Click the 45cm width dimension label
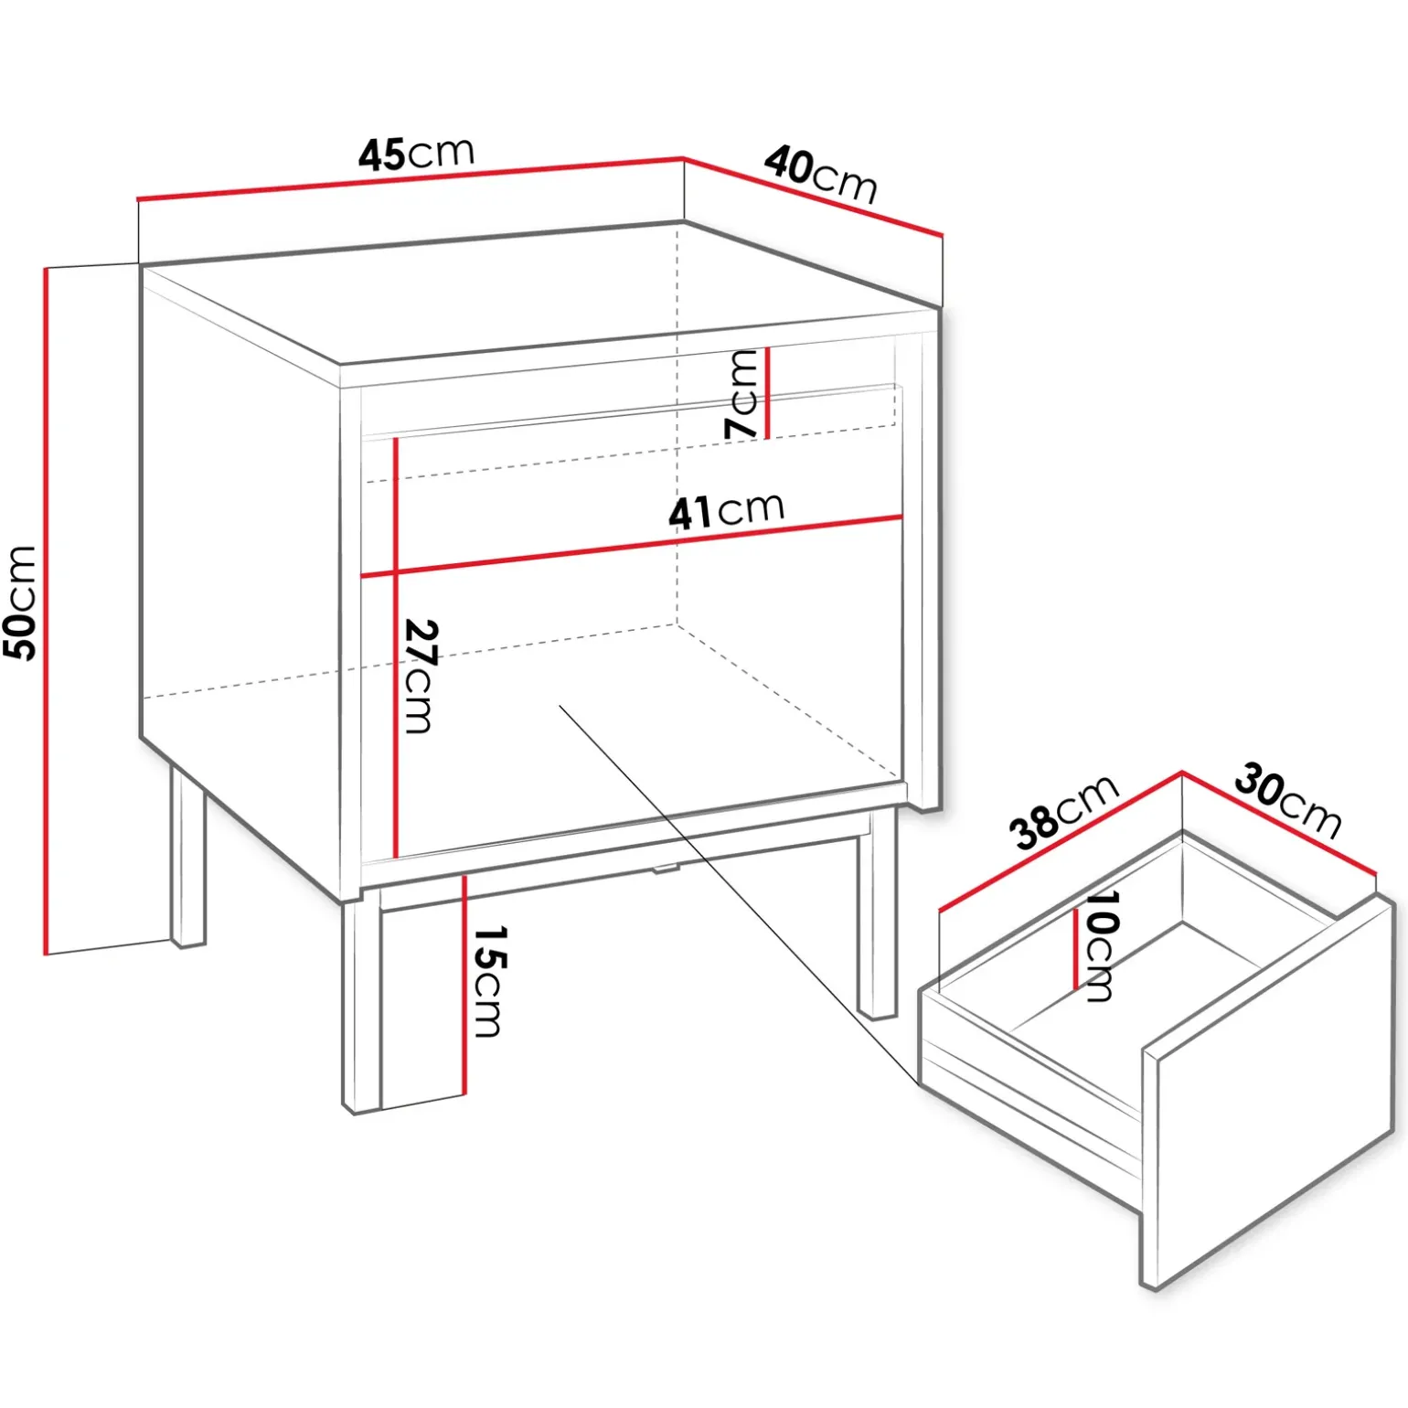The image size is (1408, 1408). pos(417,154)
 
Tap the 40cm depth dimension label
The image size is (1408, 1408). pos(821,174)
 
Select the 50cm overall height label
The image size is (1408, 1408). pos(20,603)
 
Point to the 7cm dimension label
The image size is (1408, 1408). pos(741,395)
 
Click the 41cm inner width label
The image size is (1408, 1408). pos(727,510)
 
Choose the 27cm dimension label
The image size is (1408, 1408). pos(421,677)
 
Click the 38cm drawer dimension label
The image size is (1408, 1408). pos(1064,811)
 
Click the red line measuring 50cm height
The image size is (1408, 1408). pos(45,611)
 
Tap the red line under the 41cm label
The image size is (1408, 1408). pos(632,547)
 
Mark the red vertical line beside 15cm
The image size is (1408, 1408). pos(464,984)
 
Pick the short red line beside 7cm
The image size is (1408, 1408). pos(767,393)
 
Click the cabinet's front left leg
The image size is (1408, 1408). pos(361,1006)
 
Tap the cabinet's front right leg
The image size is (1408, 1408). pos(877,914)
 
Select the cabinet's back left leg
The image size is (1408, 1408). pos(187,856)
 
